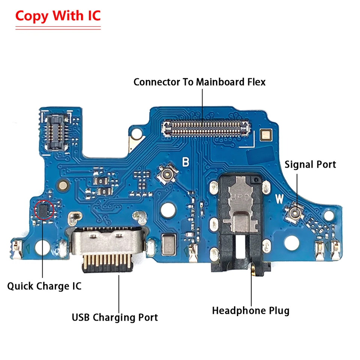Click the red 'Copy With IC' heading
coord(58,16)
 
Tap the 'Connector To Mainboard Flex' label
coord(199,82)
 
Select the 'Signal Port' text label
coord(310,164)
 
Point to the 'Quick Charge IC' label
coord(44,286)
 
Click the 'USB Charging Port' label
coord(115,318)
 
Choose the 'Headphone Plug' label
coord(251,310)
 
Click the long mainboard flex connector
coord(206,128)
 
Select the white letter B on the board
coord(186,162)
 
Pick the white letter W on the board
coord(279,199)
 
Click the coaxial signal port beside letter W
coord(294,212)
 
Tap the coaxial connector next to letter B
coord(167,174)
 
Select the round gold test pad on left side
coord(63,185)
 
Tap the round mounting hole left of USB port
coord(42,247)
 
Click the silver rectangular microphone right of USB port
coord(168,245)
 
